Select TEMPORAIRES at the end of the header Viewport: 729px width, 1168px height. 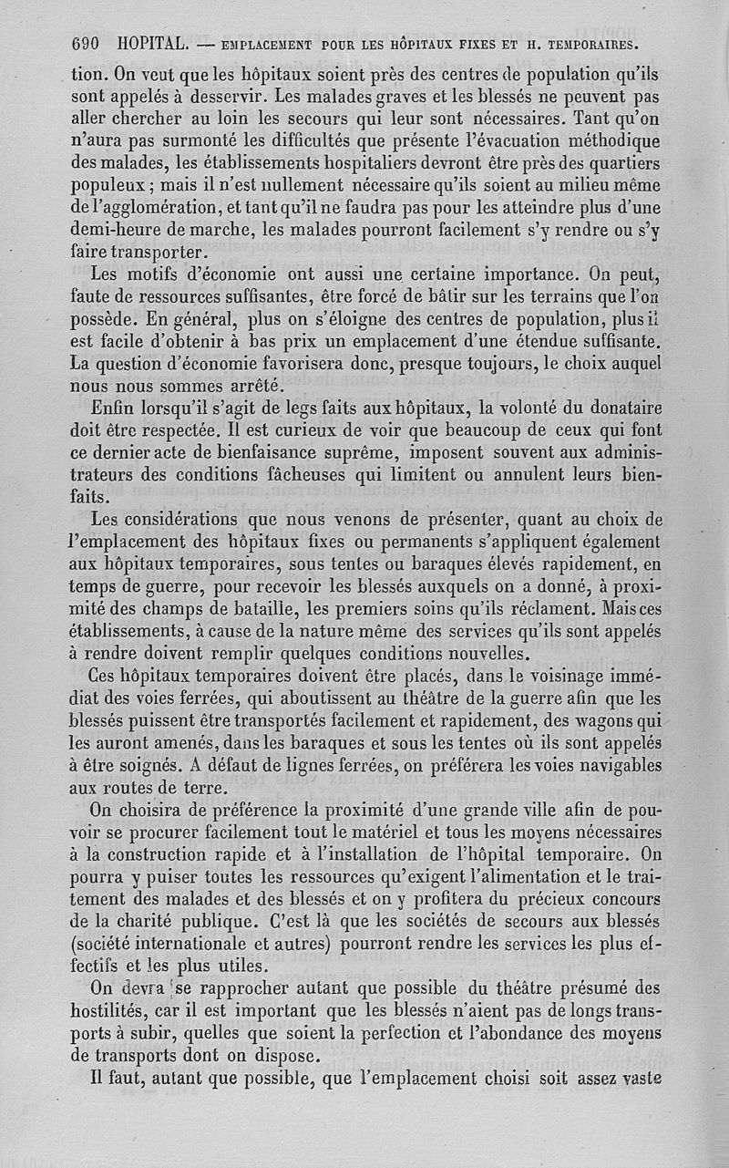[x=592, y=44]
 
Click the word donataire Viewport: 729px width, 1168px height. [x=615, y=407]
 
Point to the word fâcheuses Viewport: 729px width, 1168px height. [x=288, y=475]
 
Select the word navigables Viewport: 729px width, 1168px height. [x=615, y=765]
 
